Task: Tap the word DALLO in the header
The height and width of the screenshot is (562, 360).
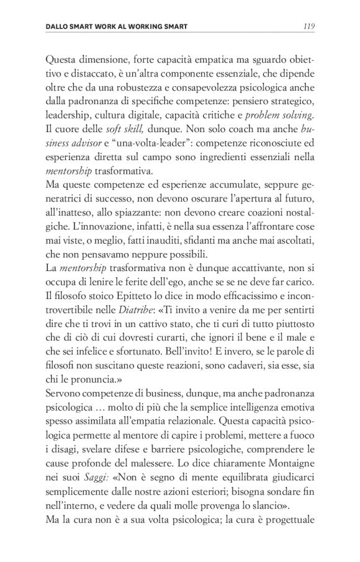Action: [58, 27]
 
